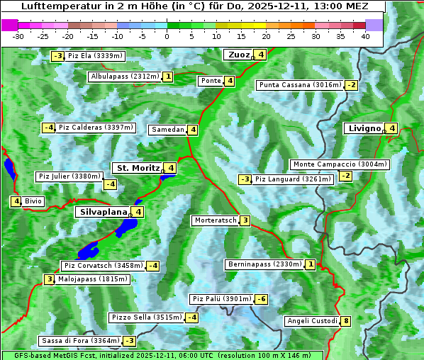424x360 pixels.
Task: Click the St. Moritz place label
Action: (138, 168)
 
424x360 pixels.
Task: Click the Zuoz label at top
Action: (237, 55)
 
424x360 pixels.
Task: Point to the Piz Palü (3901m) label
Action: (221, 299)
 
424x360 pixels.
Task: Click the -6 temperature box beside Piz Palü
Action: (262, 299)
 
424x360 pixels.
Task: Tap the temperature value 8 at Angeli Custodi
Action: (345, 321)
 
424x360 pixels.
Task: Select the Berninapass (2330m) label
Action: (264, 264)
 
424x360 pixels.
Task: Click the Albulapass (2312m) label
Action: (125, 77)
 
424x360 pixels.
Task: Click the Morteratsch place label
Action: (215, 220)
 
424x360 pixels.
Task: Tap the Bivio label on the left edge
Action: (33, 201)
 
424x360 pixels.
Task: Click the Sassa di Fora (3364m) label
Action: (79, 341)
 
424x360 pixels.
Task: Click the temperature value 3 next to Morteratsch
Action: (245, 220)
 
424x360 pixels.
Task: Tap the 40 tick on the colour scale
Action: (365, 35)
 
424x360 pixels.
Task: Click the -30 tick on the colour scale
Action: (18, 35)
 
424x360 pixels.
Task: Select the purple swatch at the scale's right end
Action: (374, 25)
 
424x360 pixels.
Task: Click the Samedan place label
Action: (168, 130)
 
